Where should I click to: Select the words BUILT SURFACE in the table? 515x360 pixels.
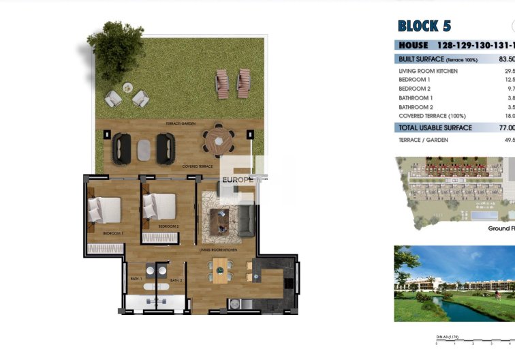421,59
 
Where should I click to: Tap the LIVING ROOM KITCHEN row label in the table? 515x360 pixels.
428,71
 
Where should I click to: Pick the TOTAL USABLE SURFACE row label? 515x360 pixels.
435,127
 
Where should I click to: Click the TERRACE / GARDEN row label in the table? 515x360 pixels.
423,139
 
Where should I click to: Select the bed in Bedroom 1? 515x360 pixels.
104,209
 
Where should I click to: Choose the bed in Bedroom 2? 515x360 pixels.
159,206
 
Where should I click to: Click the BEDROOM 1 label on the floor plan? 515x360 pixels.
112,234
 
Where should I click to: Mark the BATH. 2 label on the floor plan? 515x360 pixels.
176,280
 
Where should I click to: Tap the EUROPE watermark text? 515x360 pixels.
238,180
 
